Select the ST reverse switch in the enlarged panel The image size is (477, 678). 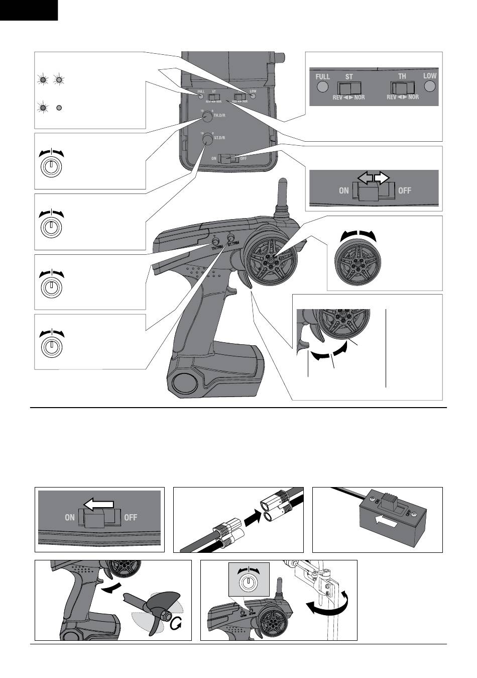pos(349,88)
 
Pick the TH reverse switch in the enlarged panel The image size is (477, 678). pos(402,88)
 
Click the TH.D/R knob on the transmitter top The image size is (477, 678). pos(206,116)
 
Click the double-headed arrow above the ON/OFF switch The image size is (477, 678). pos(373,177)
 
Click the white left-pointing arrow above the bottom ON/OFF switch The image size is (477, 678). pos(98,504)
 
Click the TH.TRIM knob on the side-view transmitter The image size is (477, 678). pos(216,241)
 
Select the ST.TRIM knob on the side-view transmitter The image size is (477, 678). pos(231,237)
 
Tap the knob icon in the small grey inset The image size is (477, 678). pos(248,583)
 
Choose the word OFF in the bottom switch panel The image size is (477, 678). pos(131,517)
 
